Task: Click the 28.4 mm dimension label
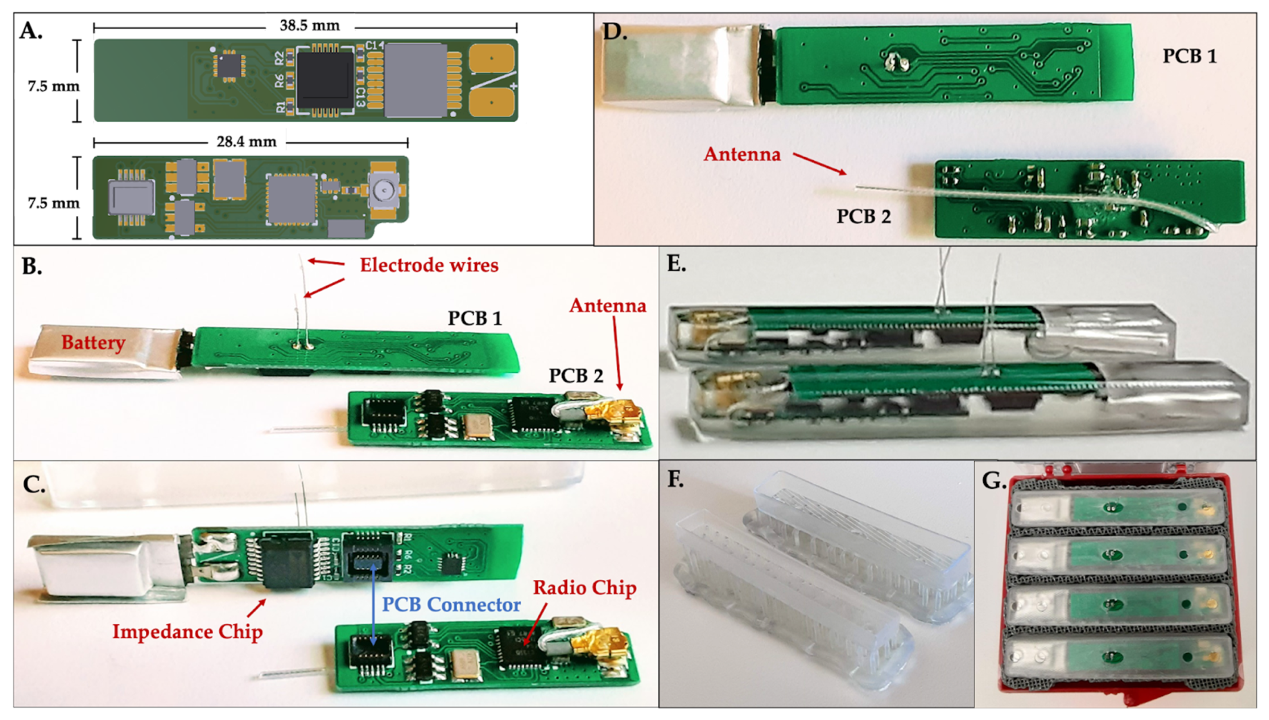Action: pos(246,142)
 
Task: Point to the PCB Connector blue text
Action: pos(451,604)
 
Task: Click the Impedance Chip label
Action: pos(187,632)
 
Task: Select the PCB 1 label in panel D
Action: pos(1189,56)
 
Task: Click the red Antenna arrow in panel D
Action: pos(819,164)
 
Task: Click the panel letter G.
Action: pos(993,481)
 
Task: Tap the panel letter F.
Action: pos(675,480)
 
